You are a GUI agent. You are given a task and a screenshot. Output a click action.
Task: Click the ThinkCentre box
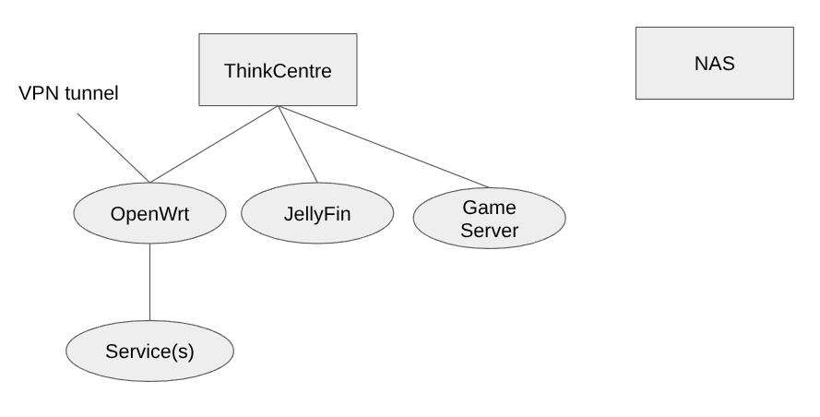[x=278, y=69]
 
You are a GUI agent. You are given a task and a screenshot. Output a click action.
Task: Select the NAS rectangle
[x=714, y=63]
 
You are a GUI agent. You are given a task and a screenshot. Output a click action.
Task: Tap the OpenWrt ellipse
[x=149, y=213]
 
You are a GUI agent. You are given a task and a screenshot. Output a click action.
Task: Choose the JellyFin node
[x=316, y=213]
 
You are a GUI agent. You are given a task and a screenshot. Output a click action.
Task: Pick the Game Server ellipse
[x=488, y=219]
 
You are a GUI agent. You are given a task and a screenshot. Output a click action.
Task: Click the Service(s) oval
[x=149, y=351]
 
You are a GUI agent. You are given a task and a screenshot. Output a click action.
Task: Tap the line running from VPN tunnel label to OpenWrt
[x=113, y=148]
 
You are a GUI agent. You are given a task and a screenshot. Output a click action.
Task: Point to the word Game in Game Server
[x=488, y=208]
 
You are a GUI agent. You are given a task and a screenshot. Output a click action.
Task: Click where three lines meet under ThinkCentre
[x=278, y=106]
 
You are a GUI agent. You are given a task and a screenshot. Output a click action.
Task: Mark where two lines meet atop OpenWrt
[x=149, y=183]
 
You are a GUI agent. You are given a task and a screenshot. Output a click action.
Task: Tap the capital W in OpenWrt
[x=163, y=213]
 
